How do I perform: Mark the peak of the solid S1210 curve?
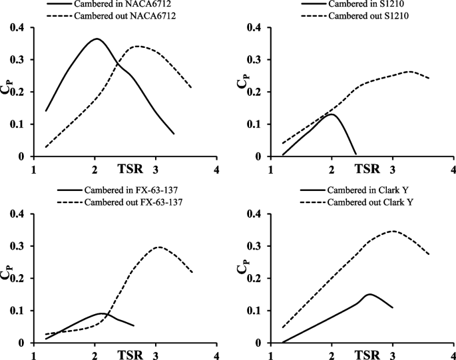point(331,114)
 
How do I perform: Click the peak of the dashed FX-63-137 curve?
point(158,247)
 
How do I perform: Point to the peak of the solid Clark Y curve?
point(369,293)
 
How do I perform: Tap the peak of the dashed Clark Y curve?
point(393,231)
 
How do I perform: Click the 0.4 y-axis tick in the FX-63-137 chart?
point(17,214)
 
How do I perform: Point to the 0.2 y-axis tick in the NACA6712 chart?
point(17,92)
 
